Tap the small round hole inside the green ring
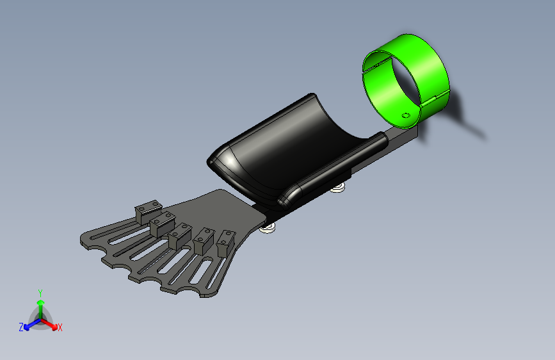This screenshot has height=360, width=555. coord(406,115)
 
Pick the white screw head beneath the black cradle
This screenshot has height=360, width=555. coord(338,188)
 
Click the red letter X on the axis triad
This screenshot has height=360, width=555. coord(60,327)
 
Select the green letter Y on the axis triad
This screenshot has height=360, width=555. coord(40,293)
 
